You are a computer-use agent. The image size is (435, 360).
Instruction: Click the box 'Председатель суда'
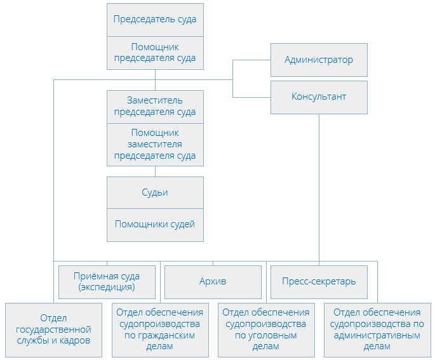(155, 19)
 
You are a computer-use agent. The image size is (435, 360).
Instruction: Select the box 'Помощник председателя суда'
(155, 53)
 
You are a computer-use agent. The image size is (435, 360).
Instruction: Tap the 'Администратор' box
(319, 60)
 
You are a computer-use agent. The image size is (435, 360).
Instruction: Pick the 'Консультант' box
(319, 97)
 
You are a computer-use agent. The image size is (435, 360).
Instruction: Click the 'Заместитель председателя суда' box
(155, 106)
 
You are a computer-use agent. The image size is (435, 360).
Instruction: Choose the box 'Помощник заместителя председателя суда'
(155, 144)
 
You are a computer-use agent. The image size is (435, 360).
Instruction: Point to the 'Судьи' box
(155, 192)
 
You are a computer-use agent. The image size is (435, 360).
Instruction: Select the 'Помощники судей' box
(155, 224)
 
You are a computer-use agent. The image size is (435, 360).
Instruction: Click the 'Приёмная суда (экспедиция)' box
(107, 282)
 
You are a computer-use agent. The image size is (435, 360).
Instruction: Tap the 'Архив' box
(213, 281)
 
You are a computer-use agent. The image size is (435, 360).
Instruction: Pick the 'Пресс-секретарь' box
(319, 281)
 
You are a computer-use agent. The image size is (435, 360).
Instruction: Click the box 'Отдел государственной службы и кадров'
(53, 329)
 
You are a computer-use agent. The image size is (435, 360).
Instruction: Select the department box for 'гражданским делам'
(159, 329)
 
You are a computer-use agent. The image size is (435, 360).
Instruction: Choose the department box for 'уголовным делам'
(265, 329)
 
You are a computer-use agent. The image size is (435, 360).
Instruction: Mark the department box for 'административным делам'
(372, 329)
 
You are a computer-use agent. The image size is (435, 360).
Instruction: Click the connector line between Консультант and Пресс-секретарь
(319, 184)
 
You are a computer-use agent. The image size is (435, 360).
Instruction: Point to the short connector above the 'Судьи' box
(155, 171)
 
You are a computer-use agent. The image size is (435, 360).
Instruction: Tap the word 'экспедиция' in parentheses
(107, 287)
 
